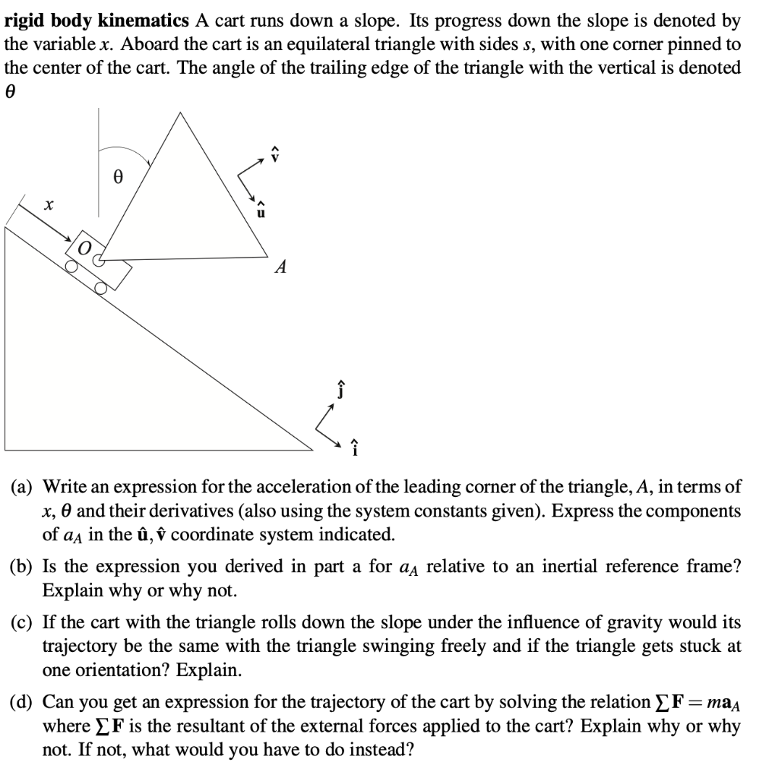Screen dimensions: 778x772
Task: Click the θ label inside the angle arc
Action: point(118,176)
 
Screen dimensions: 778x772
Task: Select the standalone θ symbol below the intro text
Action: point(11,91)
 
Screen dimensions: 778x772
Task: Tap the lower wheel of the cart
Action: point(100,288)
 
